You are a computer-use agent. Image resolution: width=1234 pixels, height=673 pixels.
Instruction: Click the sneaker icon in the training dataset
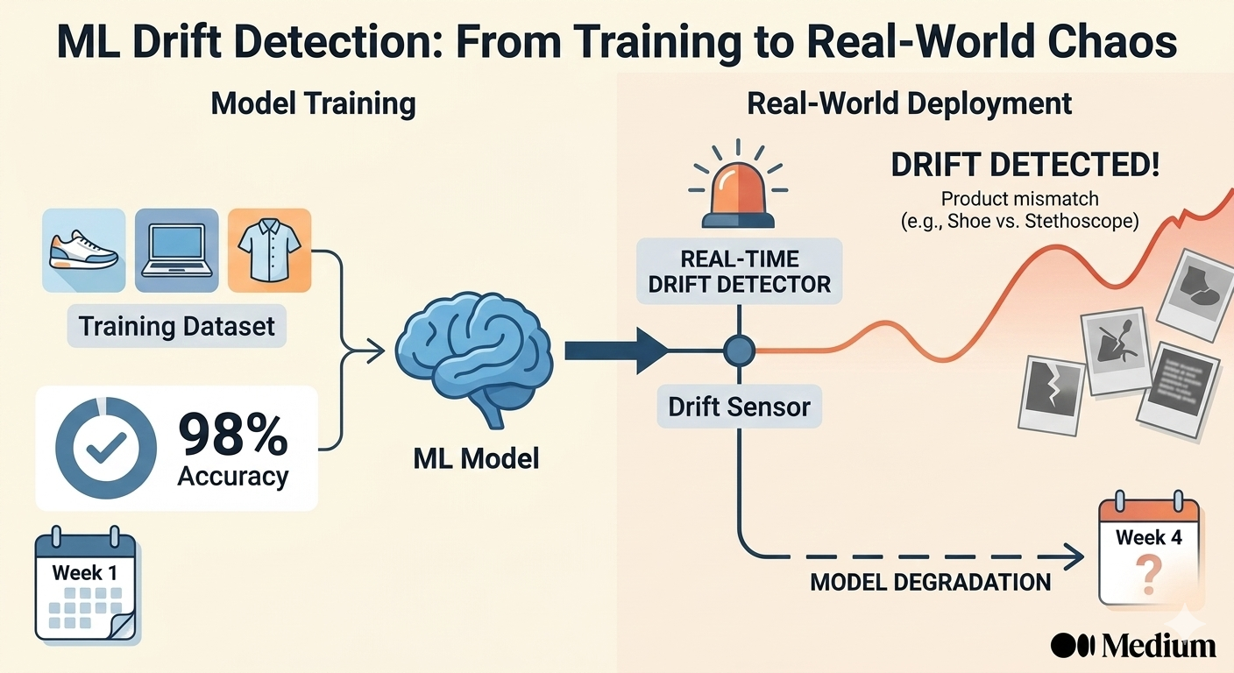coord(84,250)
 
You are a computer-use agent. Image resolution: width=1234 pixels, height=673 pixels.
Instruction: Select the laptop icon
coord(177,250)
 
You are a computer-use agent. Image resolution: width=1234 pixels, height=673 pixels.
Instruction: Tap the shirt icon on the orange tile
coord(269,250)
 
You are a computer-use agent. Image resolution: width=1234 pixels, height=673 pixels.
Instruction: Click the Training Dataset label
coord(176,326)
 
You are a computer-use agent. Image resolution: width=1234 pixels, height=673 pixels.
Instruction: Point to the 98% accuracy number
coord(233,436)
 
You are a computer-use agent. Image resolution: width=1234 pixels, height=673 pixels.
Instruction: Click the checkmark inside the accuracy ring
coord(106,448)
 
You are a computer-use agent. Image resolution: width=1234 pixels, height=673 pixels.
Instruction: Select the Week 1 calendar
coord(85,584)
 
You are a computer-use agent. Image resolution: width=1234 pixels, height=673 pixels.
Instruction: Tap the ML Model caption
coord(476,459)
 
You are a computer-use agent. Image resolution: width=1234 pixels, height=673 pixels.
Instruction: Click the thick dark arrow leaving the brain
coord(617,351)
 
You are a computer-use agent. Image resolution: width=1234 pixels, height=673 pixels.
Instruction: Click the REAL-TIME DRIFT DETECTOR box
coord(740,272)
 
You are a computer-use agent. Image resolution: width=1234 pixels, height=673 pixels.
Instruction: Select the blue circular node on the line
coord(739,351)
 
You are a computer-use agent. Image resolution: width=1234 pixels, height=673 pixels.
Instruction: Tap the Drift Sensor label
coord(740,407)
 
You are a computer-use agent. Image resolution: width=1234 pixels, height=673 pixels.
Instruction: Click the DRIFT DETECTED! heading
coord(1025,165)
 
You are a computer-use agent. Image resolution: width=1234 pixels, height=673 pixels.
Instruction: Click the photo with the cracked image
coord(1051,396)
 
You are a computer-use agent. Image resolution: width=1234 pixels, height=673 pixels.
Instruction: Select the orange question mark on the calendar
coord(1149,575)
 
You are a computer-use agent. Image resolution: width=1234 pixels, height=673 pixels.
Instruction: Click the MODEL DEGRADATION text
coord(931,582)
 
